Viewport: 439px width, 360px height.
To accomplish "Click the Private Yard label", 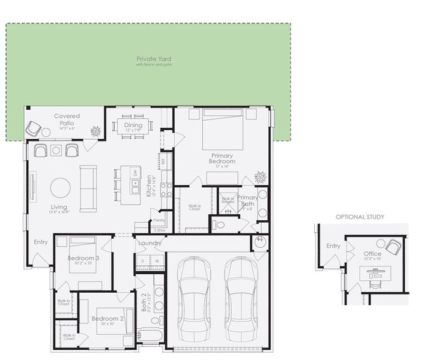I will [154, 59].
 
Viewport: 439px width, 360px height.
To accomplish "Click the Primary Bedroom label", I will [222, 158].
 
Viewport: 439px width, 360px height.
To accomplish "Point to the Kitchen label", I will [149, 185].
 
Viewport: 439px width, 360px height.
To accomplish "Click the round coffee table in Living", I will [60, 188].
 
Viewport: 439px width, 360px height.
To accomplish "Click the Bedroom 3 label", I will [83, 258].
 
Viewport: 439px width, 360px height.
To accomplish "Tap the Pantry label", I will [159, 220].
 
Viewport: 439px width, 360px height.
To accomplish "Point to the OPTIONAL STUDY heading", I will [360, 217].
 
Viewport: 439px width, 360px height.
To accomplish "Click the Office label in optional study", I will [372, 254].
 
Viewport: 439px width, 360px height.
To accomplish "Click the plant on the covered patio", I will [95, 131].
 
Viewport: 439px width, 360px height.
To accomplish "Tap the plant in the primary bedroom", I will [260, 178].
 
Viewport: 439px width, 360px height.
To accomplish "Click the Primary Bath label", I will [247, 200].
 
